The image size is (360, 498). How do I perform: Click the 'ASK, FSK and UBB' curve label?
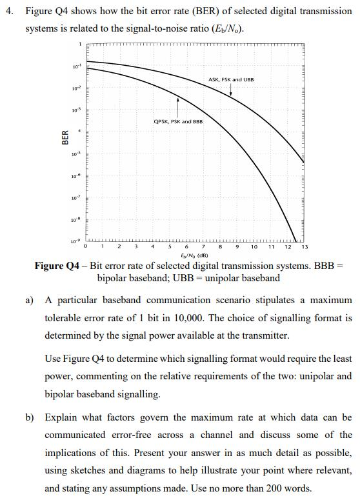231,79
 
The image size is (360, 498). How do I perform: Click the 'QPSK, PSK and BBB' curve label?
178,121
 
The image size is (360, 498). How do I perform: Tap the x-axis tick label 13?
305,247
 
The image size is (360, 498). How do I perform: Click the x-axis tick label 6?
186,247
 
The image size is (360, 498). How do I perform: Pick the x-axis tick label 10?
254,247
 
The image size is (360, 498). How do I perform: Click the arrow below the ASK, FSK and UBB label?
231,90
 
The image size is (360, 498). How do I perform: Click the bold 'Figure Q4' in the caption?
59,266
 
